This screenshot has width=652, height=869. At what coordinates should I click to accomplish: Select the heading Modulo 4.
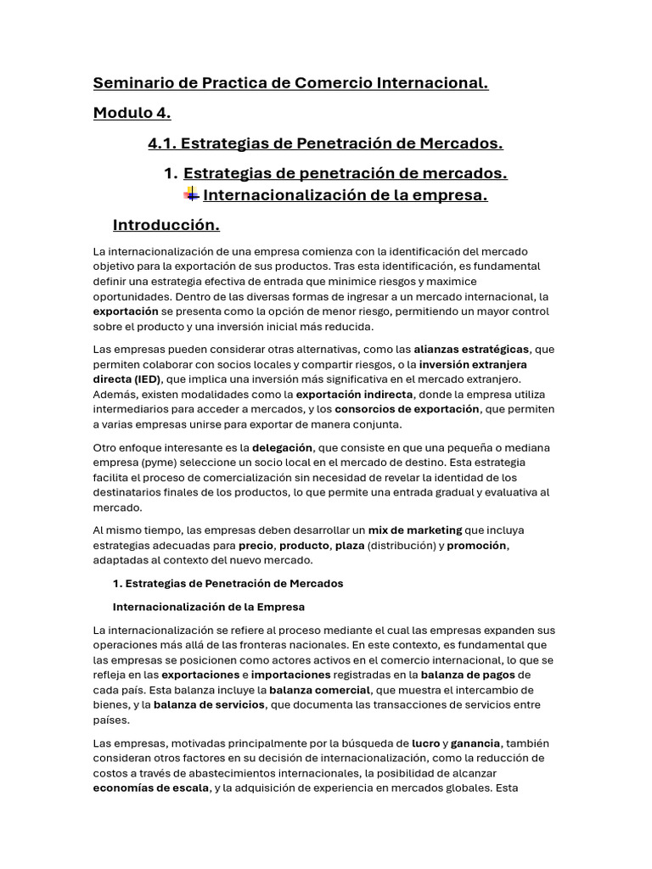(x=132, y=113)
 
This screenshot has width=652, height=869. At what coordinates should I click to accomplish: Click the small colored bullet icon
(x=192, y=194)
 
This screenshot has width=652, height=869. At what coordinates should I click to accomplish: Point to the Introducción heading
(x=166, y=225)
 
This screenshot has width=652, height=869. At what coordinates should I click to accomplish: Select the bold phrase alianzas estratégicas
(x=471, y=349)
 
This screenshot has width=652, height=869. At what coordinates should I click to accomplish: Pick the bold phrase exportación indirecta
(x=354, y=395)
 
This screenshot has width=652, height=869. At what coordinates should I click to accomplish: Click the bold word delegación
(x=283, y=447)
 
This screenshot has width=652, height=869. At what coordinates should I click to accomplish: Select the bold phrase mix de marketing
(x=415, y=530)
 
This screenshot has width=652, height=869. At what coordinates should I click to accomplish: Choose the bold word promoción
(x=477, y=546)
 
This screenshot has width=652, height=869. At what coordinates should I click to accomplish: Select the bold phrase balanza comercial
(x=320, y=690)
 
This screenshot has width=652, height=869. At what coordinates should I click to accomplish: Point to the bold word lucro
(x=425, y=743)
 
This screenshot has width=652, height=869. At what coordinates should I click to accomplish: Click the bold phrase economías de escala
(x=151, y=788)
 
